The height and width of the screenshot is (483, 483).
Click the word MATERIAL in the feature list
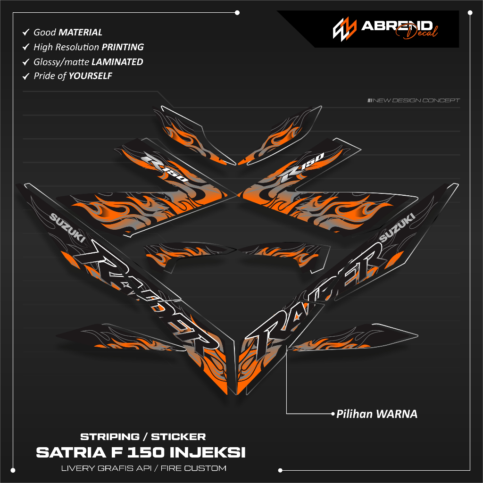coord(80,33)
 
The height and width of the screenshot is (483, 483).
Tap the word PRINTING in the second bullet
coord(123,47)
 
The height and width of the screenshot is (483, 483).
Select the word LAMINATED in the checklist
coord(117,62)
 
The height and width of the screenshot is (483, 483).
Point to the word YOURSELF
coord(90,76)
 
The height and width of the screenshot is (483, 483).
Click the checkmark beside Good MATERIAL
coord(26,32)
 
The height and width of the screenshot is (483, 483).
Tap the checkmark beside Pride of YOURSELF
coord(26,76)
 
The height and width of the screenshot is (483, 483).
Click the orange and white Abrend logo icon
coord(344,29)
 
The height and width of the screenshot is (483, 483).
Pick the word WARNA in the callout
coord(397,414)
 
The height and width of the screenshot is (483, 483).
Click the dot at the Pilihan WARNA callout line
coord(333,414)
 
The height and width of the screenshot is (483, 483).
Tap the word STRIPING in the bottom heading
coord(110,437)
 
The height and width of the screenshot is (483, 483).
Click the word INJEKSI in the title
coord(208,452)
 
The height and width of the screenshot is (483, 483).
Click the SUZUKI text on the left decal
coord(67,228)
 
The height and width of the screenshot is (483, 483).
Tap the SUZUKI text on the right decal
coord(397,228)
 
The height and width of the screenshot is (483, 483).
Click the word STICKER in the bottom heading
coord(178,437)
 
